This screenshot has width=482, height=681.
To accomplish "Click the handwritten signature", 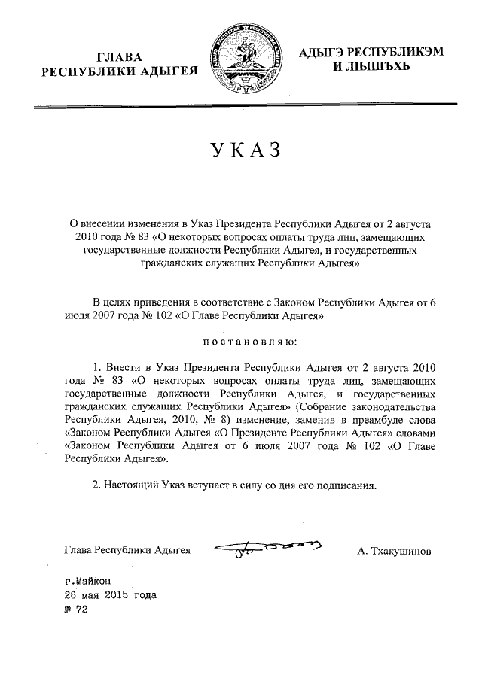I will click(268, 552).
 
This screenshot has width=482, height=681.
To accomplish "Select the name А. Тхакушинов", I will click(395, 552).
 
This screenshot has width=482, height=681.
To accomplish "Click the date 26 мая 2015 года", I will click(111, 595).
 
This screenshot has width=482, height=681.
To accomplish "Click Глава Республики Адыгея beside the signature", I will click(128, 552).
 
